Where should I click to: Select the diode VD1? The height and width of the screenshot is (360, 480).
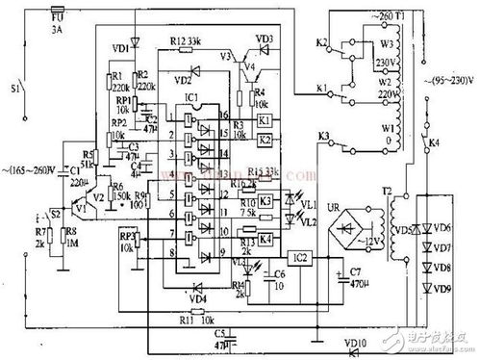pyautogui.click(x=134, y=42)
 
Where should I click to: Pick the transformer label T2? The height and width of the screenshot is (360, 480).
pyautogui.click(x=385, y=191)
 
